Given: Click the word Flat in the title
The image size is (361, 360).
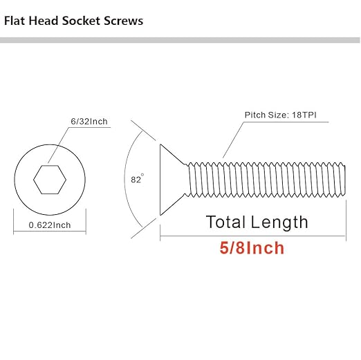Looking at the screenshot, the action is (15, 21).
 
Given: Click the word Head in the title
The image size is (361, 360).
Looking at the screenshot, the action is (44, 21).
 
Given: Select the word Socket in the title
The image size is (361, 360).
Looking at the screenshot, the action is (81, 21).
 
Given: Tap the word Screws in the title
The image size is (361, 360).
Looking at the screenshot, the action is (123, 21).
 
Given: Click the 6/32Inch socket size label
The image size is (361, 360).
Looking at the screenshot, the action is (89, 122).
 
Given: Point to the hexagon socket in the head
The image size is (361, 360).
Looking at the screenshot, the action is (50, 180).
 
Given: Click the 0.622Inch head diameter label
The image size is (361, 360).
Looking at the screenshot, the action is (50, 225).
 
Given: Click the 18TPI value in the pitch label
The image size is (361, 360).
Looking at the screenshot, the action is (304, 115).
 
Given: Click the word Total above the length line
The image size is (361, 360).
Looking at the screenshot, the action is (225, 222).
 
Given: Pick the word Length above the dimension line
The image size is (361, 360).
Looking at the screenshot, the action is (279, 222).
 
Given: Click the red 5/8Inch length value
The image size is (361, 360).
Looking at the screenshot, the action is (252, 248).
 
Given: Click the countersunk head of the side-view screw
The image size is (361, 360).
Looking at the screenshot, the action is (170, 180).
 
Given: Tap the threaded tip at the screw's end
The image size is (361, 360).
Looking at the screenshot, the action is (343, 180).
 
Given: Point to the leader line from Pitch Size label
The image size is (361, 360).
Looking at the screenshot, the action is (233, 140).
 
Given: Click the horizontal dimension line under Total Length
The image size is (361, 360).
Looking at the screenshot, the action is (253, 236).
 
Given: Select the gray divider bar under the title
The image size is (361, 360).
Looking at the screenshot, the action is (180, 40).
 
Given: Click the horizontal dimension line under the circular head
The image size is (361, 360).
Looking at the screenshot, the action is (50, 231).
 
